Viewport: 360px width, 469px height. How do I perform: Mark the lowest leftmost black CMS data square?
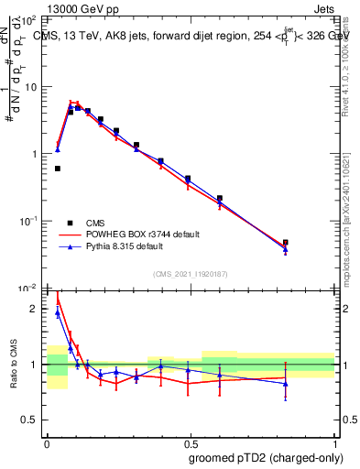(x=58, y=169)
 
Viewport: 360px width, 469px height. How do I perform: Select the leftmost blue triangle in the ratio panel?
(x=58, y=312)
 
